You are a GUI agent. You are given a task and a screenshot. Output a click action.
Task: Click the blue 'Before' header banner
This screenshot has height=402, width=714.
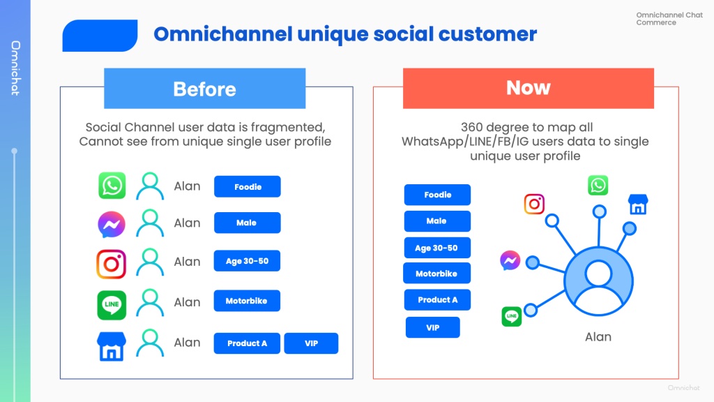[204, 89]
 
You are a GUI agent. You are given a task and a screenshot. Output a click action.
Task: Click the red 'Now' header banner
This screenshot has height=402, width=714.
[529, 89]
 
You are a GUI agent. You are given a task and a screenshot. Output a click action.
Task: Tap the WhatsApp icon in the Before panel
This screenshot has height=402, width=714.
[112, 186]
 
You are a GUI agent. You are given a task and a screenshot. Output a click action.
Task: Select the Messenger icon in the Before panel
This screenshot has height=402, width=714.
[112, 224]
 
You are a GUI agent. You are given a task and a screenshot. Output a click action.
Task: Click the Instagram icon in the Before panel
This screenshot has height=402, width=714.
[111, 264]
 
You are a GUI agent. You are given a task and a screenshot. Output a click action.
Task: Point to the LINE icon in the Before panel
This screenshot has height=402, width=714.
[112, 305]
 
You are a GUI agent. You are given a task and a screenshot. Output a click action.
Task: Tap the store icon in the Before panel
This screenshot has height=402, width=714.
[112, 346]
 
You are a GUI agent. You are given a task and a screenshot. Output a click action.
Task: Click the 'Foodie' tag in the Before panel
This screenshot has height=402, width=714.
[248, 186]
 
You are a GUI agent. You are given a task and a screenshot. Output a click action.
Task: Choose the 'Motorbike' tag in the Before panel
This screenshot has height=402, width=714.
[247, 301]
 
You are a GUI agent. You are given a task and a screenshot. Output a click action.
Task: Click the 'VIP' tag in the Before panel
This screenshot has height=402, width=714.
[311, 343]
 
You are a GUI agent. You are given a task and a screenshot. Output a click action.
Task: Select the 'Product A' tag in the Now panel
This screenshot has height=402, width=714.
[437, 300]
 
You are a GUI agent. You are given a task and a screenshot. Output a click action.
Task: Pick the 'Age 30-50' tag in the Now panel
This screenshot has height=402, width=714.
[437, 248]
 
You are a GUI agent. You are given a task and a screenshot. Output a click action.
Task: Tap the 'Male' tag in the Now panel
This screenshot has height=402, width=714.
[437, 221]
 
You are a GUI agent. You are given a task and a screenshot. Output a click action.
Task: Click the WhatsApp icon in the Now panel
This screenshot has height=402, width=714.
[598, 185]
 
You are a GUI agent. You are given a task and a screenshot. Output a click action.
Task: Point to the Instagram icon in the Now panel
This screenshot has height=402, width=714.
[534, 204]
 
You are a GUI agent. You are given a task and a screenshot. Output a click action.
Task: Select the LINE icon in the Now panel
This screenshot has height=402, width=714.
[511, 316]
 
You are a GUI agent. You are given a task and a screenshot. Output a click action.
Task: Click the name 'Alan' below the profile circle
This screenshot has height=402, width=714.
[598, 337]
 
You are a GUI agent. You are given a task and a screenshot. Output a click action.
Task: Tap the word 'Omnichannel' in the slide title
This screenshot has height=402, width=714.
[223, 34]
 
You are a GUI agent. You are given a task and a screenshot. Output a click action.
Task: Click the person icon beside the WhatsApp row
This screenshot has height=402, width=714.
[150, 186]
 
